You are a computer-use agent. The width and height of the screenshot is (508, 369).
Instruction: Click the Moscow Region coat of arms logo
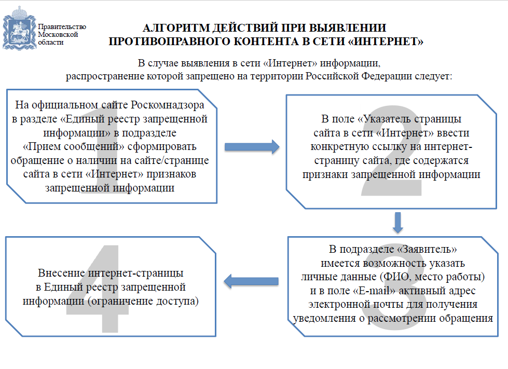(19, 29)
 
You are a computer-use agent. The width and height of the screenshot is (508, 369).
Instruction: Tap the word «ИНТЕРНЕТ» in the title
(386, 42)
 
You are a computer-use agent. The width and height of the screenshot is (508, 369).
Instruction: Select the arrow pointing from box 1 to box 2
(252, 147)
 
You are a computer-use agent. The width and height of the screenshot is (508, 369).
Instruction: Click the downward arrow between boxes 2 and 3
(398, 223)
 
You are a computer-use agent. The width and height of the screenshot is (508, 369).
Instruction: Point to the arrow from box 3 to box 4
(251, 281)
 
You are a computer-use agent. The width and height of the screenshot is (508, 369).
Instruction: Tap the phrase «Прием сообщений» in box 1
(74, 146)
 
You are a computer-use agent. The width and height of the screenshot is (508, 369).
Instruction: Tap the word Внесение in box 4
(62, 273)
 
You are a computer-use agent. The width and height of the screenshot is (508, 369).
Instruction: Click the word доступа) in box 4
(177, 301)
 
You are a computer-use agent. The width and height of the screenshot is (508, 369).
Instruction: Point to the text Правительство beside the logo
(62, 26)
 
